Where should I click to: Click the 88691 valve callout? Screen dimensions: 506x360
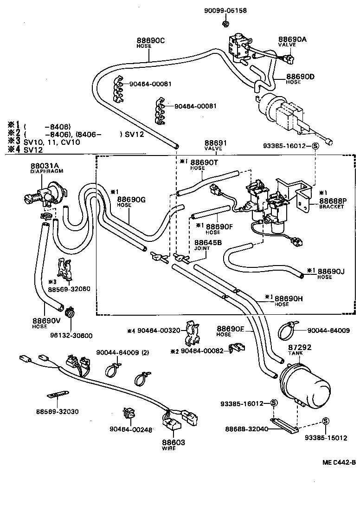tap(214, 144)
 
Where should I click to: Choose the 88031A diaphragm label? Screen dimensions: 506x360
tap(45, 166)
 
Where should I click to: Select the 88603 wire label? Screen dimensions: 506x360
tap(173, 443)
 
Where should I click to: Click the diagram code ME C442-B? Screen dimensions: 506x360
tap(339, 462)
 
